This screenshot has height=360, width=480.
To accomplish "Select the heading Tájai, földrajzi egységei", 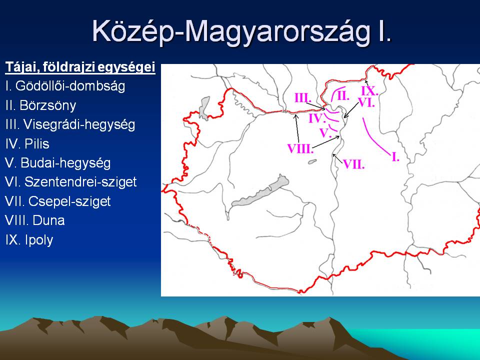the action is pos(80,67).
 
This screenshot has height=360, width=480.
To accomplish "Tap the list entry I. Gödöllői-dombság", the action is pos(65,86).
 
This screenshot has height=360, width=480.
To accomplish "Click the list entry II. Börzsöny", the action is pos(40,105).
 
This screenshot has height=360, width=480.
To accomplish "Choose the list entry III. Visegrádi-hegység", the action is pos(70,124).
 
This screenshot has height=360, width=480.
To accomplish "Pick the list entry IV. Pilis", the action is pos(27,143).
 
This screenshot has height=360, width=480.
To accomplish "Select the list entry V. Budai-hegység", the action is pos(57,163).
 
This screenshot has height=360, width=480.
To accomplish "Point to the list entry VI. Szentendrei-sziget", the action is pos(70,182).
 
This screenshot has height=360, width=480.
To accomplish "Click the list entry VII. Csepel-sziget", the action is pos(57,201).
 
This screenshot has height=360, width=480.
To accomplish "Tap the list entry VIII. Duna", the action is pos(34,220).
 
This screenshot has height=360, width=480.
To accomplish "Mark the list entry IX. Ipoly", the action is pos(29,240).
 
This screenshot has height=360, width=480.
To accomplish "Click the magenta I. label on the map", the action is pos(395,157).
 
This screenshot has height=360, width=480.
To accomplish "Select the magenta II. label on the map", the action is pos(343,96).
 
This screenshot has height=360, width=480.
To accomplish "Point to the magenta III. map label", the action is pos(303,98).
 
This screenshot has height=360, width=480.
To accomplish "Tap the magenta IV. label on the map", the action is pos(316,118).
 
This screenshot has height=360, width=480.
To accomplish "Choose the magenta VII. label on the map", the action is pos(353,164).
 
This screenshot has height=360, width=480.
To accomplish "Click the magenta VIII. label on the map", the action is pos(300,149).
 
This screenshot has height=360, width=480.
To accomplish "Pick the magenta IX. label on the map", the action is pos(369,91).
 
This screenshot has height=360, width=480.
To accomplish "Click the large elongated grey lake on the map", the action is pos(260,191).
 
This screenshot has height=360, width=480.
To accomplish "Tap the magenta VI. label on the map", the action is pos(366,103).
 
